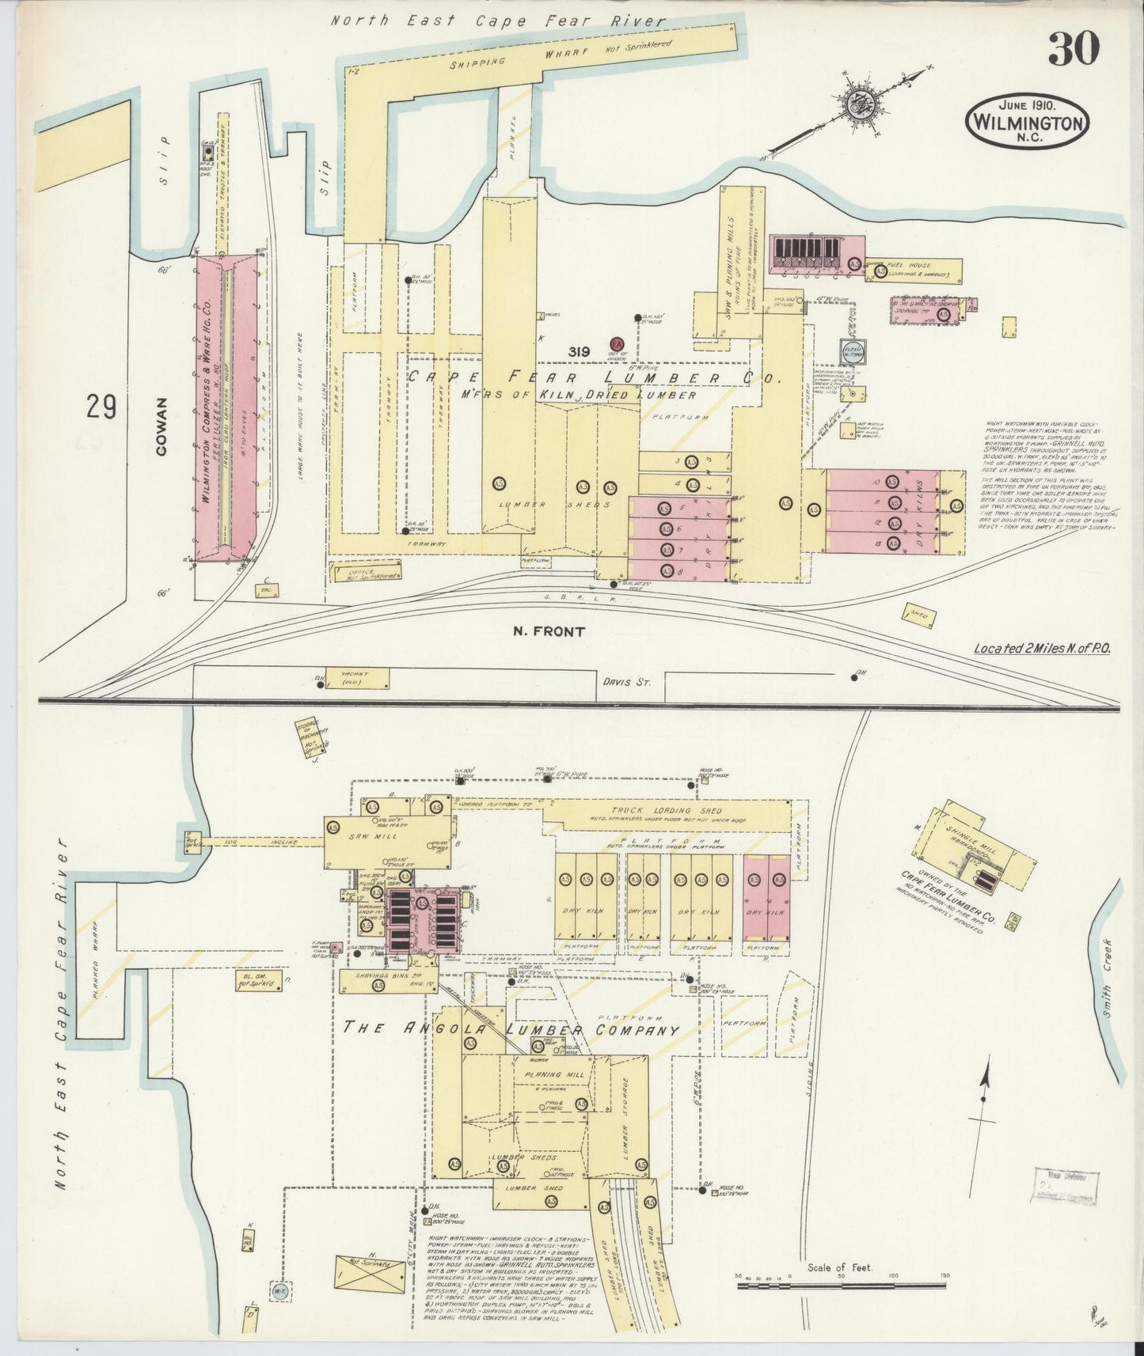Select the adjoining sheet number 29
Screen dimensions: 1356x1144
[102, 407]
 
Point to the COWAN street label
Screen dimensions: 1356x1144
[162, 427]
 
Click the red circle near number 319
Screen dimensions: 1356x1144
[617, 343]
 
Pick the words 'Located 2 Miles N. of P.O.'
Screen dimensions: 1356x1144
[1042, 648]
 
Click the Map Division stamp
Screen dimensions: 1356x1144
[1065, 1187]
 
